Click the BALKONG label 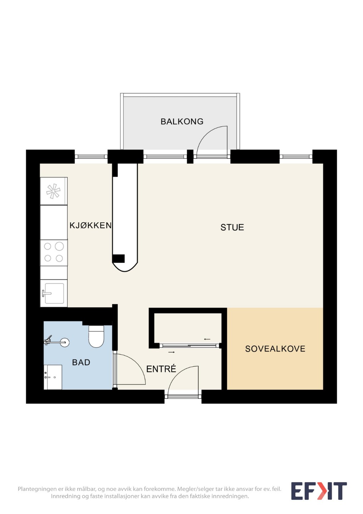click(x=182, y=121)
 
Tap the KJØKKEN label click(x=91, y=225)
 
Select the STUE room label click(x=232, y=227)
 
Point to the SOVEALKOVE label click(x=275, y=349)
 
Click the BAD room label click(x=81, y=362)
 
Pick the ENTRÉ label click(x=161, y=369)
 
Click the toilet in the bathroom click(x=96, y=336)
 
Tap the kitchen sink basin click(x=54, y=293)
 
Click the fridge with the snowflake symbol click(x=54, y=191)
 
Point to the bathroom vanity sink click(x=53, y=377)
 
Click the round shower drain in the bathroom click(x=64, y=342)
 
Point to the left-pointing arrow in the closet click(x=207, y=339)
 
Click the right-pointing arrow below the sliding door click(x=171, y=352)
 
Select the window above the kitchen click(x=91, y=156)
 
